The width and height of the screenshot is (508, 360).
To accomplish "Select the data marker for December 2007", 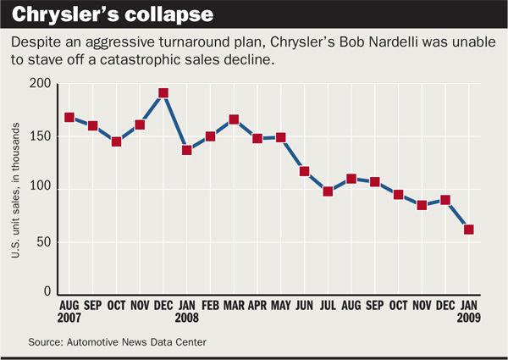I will (163, 93).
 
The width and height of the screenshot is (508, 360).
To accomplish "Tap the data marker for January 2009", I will (468, 230).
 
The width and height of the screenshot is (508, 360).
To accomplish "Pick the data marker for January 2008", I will (187, 150).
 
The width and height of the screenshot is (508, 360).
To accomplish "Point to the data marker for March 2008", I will (234, 119).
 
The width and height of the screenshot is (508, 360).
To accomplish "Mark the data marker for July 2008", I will (328, 191).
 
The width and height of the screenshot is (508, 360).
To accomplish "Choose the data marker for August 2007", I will (69, 118).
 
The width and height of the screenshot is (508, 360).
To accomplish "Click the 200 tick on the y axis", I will (40, 84).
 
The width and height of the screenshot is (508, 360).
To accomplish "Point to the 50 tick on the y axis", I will (43, 241).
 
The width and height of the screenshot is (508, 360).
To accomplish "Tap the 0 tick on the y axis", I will (47, 292).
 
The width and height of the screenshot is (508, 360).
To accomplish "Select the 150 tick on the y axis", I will (40, 136).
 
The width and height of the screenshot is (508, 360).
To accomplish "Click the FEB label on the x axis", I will (210, 307).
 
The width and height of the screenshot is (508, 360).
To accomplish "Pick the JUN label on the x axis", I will (304, 307).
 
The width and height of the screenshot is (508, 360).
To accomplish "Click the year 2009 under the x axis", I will (468, 318).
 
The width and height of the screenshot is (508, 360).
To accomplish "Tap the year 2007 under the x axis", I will (70, 318).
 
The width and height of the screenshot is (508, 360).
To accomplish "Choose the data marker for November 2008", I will (422, 205).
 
